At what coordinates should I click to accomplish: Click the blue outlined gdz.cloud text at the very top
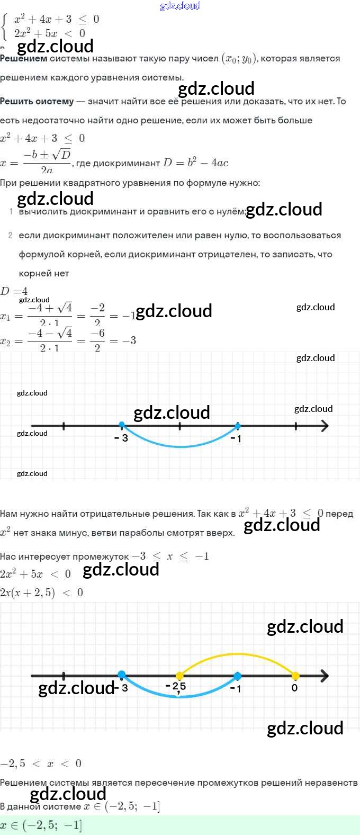click(x=180, y=6)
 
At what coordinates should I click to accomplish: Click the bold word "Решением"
click(x=24, y=59)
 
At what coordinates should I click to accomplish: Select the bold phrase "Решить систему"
click(x=37, y=101)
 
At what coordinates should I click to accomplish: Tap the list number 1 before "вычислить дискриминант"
click(x=11, y=212)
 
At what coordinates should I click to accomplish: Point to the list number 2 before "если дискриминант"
click(x=11, y=235)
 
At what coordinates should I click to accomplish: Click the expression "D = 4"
click(x=14, y=291)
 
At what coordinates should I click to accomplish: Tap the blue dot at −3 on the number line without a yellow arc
click(x=122, y=425)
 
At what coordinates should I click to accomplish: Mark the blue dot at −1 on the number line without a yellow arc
click(x=238, y=426)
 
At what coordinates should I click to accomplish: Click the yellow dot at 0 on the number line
click(x=295, y=676)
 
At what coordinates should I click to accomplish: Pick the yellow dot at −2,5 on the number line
click(x=179, y=676)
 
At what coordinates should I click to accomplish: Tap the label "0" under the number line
click(x=295, y=688)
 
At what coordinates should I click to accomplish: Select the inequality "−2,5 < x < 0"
click(x=41, y=764)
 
